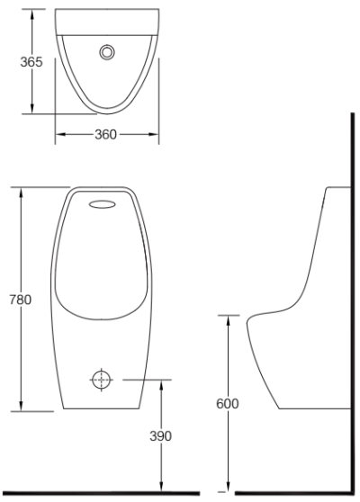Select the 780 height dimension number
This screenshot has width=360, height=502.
tap(17, 299)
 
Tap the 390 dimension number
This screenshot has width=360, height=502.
tap(160, 435)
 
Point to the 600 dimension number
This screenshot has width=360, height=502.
tap(228, 403)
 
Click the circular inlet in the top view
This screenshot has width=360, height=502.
tap(109, 51)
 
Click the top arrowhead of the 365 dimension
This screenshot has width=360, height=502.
tap(32, 13)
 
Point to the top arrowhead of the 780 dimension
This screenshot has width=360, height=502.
tap(21, 190)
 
